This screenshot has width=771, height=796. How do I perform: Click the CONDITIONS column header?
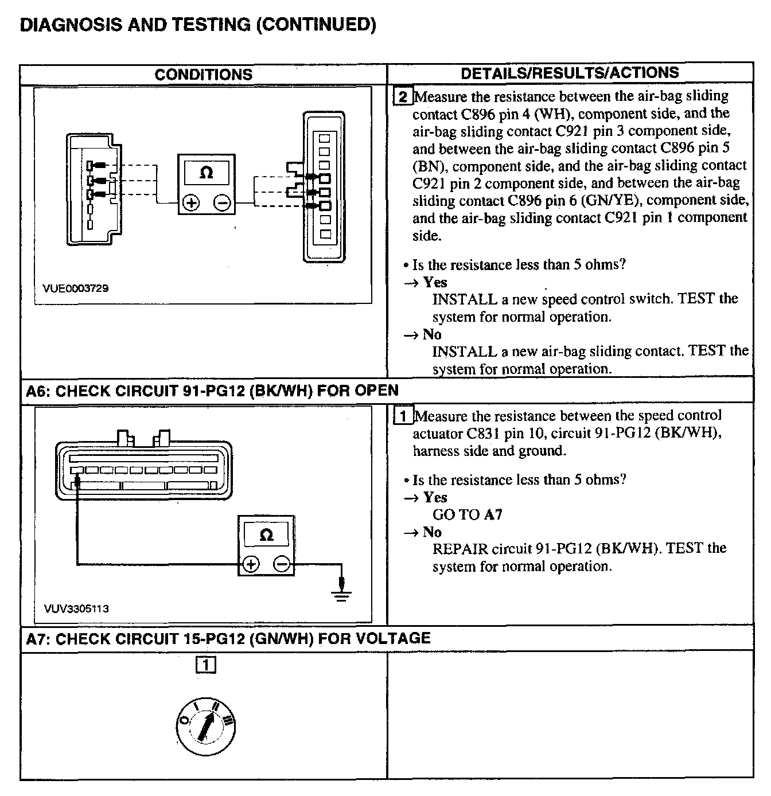tap(203, 75)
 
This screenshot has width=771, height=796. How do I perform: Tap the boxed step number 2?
tap(402, 96)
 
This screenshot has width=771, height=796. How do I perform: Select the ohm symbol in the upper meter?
tap(206, 173)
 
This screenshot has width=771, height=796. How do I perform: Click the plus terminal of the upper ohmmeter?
tap(191, 203)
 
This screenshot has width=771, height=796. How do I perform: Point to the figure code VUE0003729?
tap(76, 288)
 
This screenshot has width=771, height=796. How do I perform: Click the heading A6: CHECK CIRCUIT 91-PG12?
tap(212, 391)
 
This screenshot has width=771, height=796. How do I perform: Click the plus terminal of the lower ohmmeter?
tap(251, 564)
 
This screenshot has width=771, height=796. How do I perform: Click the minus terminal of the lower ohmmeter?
tap(282, 564)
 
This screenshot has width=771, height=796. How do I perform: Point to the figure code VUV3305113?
tap(76, 608)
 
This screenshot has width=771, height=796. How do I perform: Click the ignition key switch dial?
tap(205, 728)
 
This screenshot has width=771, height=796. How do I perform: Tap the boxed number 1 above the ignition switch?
tap(205, 665)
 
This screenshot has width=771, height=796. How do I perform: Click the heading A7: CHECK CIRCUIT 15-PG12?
tap(228, 638)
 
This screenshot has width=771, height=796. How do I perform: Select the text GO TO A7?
tap(467, 514)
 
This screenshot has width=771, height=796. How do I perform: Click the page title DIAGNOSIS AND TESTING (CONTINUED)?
tap(198, 24)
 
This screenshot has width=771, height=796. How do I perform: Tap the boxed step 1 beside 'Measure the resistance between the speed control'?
tap(403, 416)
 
